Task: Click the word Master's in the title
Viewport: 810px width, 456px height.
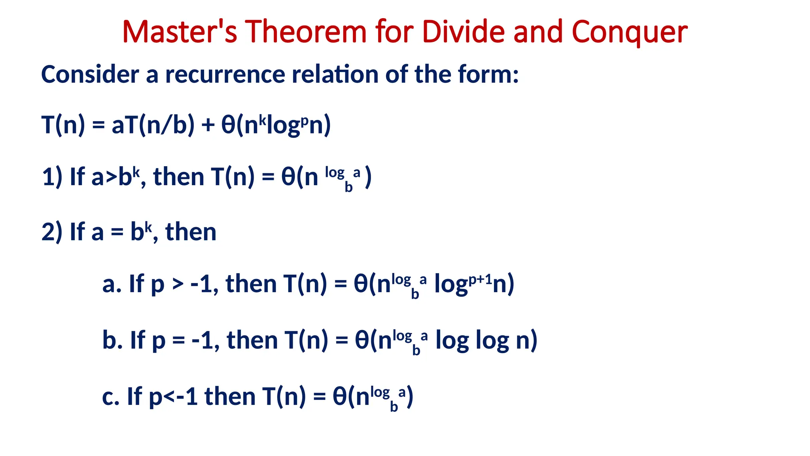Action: click(x=180, y=32)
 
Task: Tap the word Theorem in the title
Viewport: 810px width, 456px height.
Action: click(x=306, y=32)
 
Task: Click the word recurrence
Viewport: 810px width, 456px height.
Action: click(x=225, y=74)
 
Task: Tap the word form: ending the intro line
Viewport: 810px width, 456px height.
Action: click(x=488, y=74)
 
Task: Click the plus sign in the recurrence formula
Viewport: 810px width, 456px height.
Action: click(x=208, y=125)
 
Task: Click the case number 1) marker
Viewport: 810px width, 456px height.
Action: click(x=52, y=177)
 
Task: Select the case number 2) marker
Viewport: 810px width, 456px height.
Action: click(x=52, y=232)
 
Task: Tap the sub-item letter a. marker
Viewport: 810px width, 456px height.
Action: click(x=112, y=284)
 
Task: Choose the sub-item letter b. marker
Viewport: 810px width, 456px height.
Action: click(x=112, y=340)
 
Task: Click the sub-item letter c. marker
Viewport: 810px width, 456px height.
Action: click(x=111, y=397)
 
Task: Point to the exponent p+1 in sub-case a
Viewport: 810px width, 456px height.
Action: click(x=480, y=279)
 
